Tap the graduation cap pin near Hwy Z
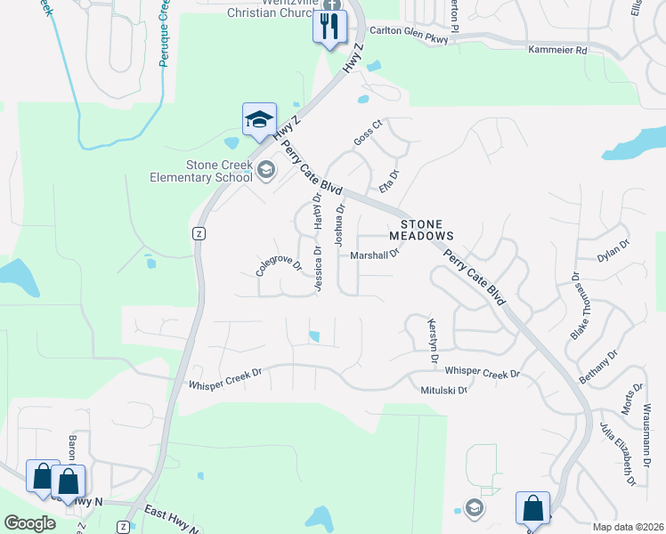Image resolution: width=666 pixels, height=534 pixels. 259,120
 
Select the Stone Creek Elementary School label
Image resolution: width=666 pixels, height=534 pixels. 219,171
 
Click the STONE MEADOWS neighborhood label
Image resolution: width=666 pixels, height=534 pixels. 421,230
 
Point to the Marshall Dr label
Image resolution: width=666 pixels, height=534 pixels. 374,255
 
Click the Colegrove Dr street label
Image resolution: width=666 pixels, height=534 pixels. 280,264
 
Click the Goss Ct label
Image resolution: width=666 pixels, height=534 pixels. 367,131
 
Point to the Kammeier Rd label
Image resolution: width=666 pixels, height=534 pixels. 557,51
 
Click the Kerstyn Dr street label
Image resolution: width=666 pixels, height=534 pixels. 434,341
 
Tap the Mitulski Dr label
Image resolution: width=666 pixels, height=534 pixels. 443,390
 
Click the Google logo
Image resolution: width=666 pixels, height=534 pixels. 30,523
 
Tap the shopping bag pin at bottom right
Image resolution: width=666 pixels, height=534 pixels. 532,508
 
